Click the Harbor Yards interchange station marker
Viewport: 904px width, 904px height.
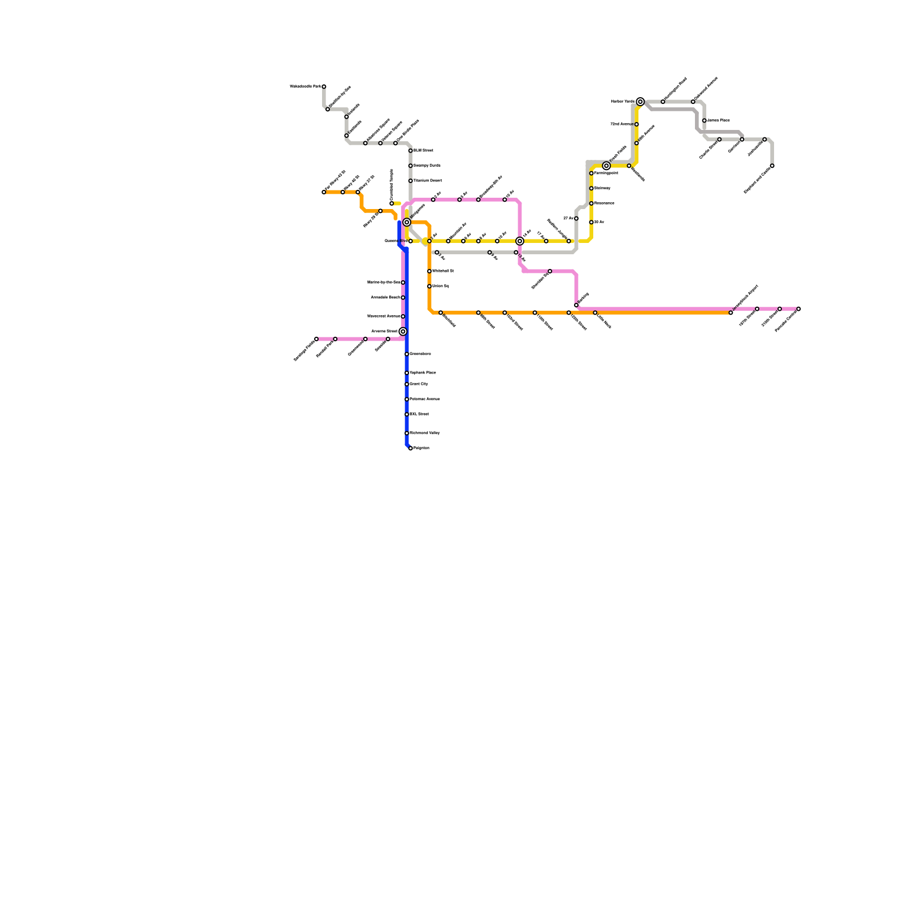click(x=640, y=102)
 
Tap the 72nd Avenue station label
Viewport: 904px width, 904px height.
click(x=621, y=124)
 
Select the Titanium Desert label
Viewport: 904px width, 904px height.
click(x=428, y=181)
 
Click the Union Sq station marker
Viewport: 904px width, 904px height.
click(x=429, y=286)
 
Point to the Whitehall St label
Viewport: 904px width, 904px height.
click(x=443, y=271)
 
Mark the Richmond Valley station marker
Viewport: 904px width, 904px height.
click(x=407, y=433)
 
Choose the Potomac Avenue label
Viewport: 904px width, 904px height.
click(x=425, y=399)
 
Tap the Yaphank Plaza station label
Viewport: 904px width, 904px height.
click(x=423, y=373)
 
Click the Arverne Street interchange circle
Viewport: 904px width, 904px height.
click(x=403, y=332)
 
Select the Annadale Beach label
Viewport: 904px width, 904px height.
click(x=385, y=298)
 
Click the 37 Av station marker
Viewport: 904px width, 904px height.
click(x=576, y=219)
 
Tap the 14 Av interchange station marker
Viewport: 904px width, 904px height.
click(x=520, y=241)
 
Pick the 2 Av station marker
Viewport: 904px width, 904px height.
click(x=437, y=253)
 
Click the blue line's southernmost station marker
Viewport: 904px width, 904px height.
click(x=411, y=448)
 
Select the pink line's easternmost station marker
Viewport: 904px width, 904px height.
click(x=798, y=309)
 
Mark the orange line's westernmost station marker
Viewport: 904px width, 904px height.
click(x=324, y=192)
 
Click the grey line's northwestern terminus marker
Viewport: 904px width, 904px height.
click(x=324, y=86)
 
